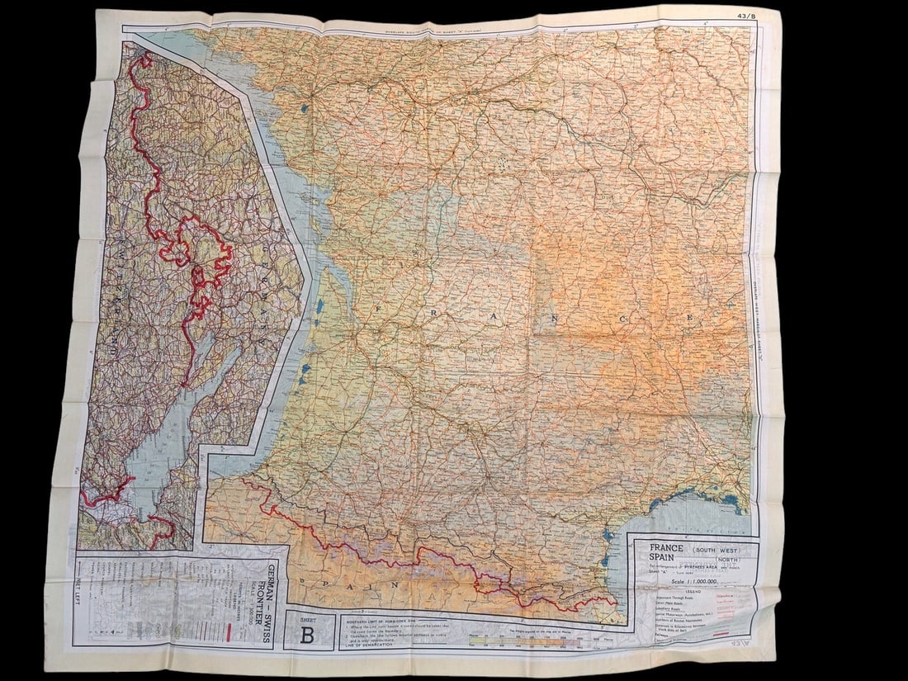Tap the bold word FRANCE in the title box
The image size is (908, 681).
[666, 548]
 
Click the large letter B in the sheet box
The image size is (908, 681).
[307, 634]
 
